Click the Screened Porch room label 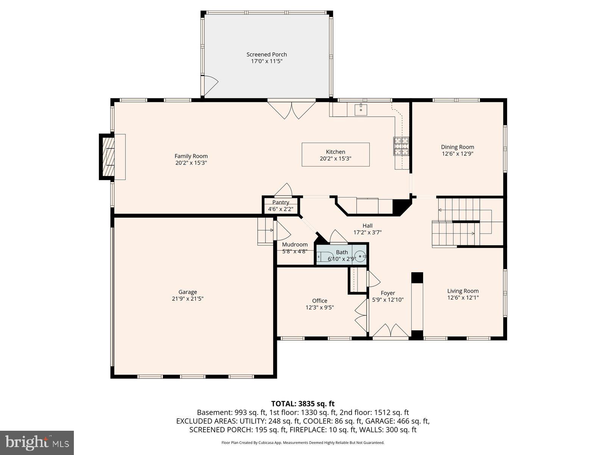[x=267, y=55]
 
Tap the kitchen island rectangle [x=335, y=154]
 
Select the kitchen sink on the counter [x=361, y=110]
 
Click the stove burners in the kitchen [x=401, y=146]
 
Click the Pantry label [x=281, y=202]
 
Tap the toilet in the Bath [x=325, y=257]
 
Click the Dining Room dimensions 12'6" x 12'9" [x=458, y=154]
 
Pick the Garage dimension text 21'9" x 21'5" [x=187, y=299]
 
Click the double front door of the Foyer [x=390, y=331]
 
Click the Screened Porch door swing [x=211, y=85]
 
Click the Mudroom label [x=295, y=245]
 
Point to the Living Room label [x=463, y=291]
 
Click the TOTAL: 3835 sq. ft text [x=303, y=404]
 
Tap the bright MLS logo [x=37, y=442]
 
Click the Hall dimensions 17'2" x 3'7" [x=367, y=232]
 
